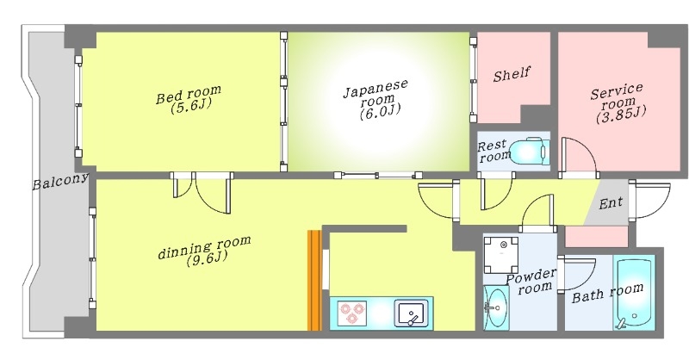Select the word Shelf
tap(512, 75)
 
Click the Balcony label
tap(61, 182)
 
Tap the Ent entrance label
tap(611, 203)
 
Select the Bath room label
tap(607, 292)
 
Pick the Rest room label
tap(494, 151)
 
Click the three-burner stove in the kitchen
tap(351, 312)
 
